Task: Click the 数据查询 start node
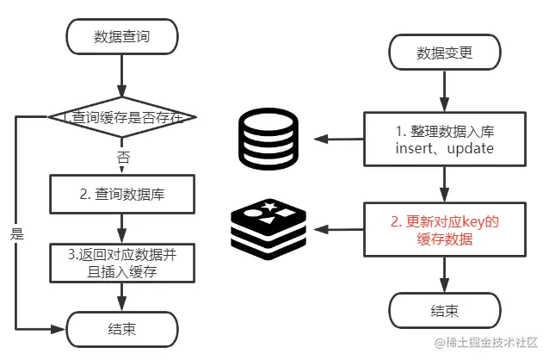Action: [x=122, y=36]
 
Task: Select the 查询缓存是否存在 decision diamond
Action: [x=122, y=115]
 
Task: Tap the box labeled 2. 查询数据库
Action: [x=122, y=195]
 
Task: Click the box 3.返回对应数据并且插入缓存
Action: [x=122, y=264]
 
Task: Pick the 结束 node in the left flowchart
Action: [x=122, y=329]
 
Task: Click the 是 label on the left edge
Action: [x=16, y=233]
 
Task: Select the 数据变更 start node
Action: [x=444, y=53]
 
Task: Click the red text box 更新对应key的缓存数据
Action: [x=444, y=230]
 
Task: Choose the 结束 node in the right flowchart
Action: [x=444, y=309]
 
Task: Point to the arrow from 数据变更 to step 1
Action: [x=444, y=90]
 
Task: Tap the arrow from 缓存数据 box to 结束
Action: [x=444, y=274]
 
